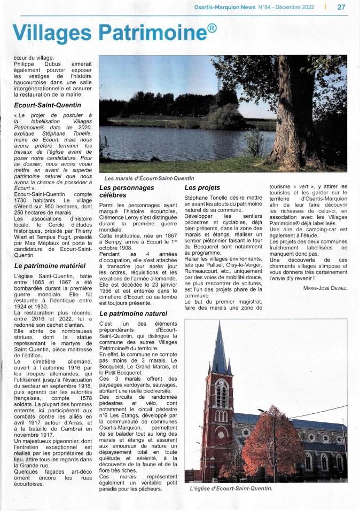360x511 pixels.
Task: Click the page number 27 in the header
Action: [x=341, y=7]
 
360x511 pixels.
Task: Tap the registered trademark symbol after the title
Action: [x=212, y=27]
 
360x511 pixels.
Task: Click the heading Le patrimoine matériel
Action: [x=50, y=265]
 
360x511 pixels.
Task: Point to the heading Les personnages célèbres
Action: [x=127, y=192]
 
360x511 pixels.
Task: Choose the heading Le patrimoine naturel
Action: [x=133, y=313]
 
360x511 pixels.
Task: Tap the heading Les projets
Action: [x=202, y=188]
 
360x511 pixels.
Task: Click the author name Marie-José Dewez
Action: [x=325, y=288]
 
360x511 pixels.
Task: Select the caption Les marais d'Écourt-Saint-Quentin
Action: [x=149, y=178]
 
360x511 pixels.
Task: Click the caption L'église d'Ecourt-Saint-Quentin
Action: [x=231, y=488]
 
